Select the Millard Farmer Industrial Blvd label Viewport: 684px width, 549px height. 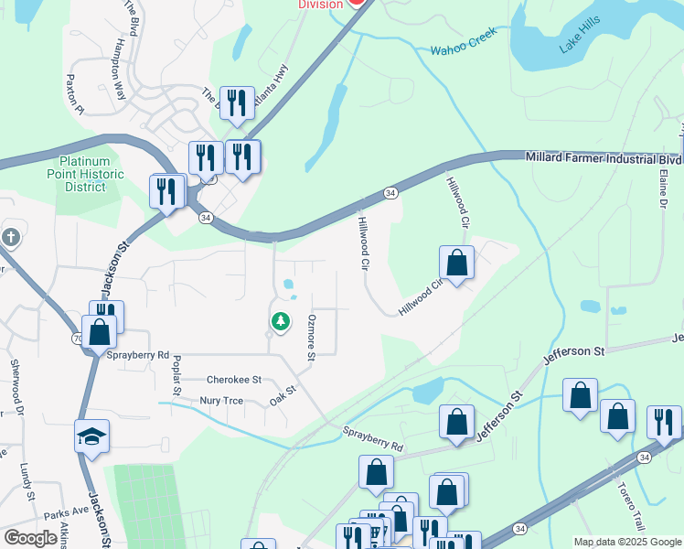(603, 157)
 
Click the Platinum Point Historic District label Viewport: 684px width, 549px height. (85, 175)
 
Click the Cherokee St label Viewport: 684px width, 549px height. (234, 379)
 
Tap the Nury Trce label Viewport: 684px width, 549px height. (222, 400)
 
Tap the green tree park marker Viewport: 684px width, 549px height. (280, 322)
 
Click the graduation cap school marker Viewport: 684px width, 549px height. (91, 436)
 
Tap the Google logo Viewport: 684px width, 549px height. (30, 538)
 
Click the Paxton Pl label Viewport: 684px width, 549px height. (74, 95)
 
